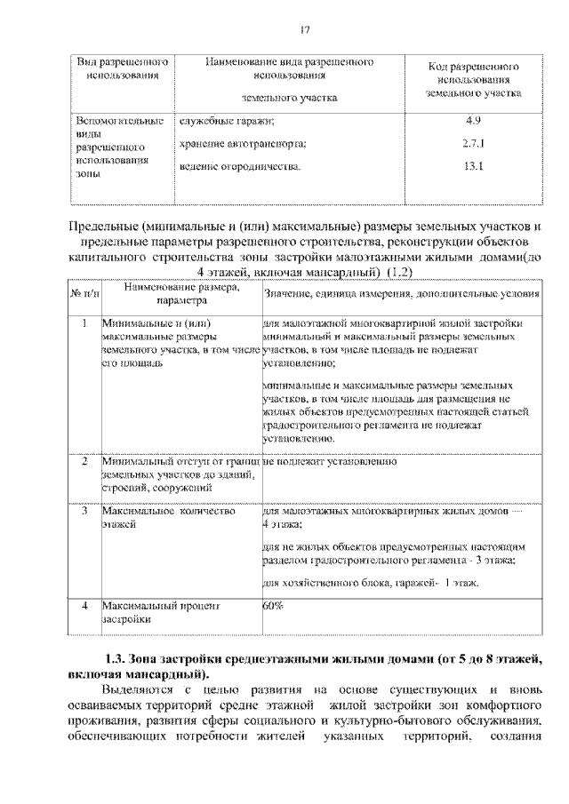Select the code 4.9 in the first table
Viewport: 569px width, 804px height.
(x=472, y=120)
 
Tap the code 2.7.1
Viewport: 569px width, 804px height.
(x=472, y=143)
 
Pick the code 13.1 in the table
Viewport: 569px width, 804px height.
(x=472, y=166)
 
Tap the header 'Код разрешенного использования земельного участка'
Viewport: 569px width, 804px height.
(x=472, y=78)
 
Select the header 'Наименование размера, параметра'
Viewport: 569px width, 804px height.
(x=181, y=294)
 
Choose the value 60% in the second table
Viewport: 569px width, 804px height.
(x=273, y=605)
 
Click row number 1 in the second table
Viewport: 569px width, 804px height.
(x=84, y=323)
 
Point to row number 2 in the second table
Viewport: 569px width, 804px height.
(x=84, y=462)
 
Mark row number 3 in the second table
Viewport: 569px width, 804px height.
(x=84, y=513)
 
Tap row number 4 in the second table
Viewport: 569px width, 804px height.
(x=84, y=605)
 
